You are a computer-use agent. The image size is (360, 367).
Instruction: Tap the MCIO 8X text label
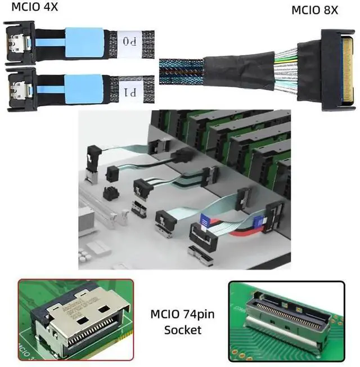(x=314, y=10)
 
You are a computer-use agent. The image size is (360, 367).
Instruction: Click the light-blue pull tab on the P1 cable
(x=84, y=90)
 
